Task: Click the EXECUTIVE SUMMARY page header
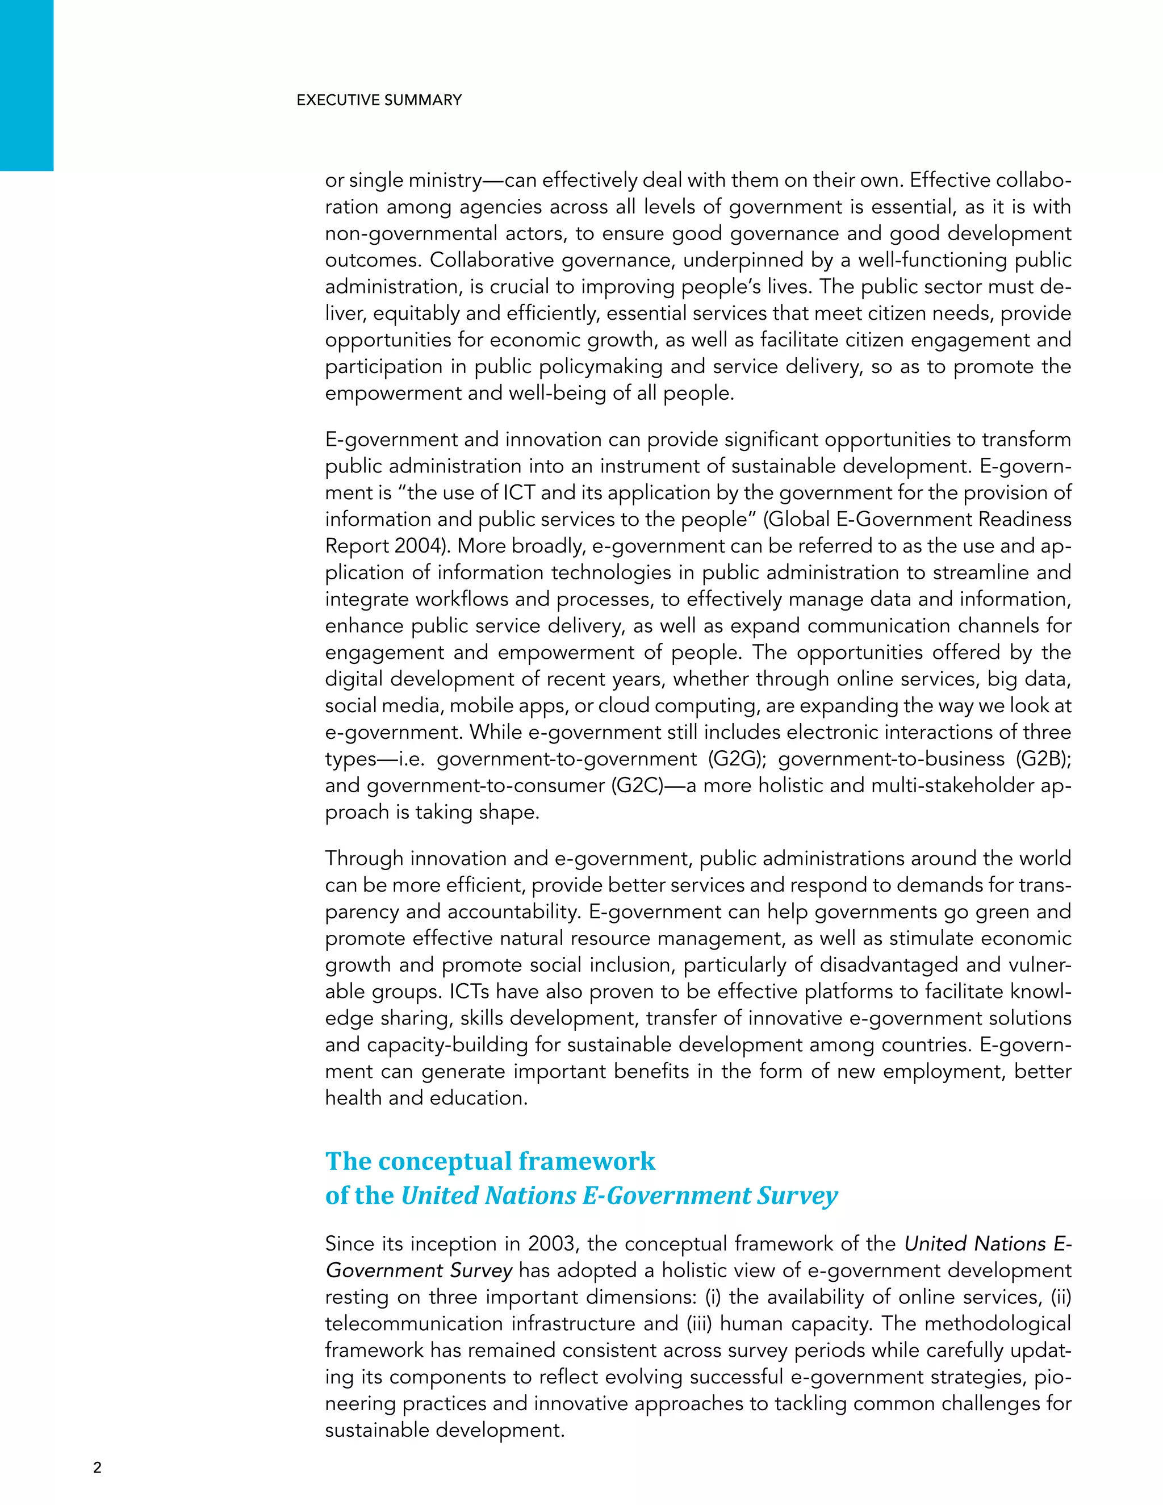(x=379, y=100)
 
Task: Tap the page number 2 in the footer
(x=97, y=1467)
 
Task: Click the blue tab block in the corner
(x=26, y=85)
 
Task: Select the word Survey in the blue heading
(x=797, y=1195)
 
